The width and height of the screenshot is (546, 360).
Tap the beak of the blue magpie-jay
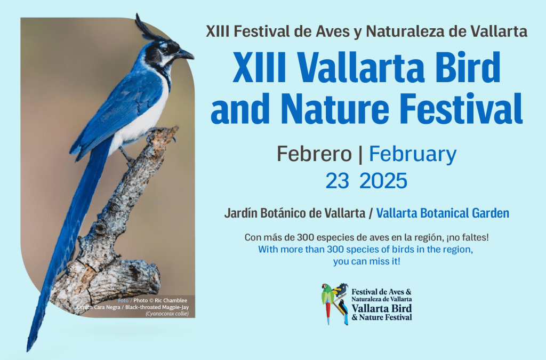(x=184, y=54)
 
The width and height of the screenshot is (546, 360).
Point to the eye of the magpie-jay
(x=165, y=50)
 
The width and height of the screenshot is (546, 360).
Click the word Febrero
(x=314, y=154)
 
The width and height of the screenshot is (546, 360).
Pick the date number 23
(x=337, y=181)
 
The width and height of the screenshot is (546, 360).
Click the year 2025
(x=383, y=181)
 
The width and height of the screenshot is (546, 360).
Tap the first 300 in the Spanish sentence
(x=306, y=237)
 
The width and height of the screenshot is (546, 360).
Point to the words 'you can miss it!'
(x=366, y=261)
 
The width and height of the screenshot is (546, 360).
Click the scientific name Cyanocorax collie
(x=167, y=314)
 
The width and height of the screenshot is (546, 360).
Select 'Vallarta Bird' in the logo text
(x=382, y=308)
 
